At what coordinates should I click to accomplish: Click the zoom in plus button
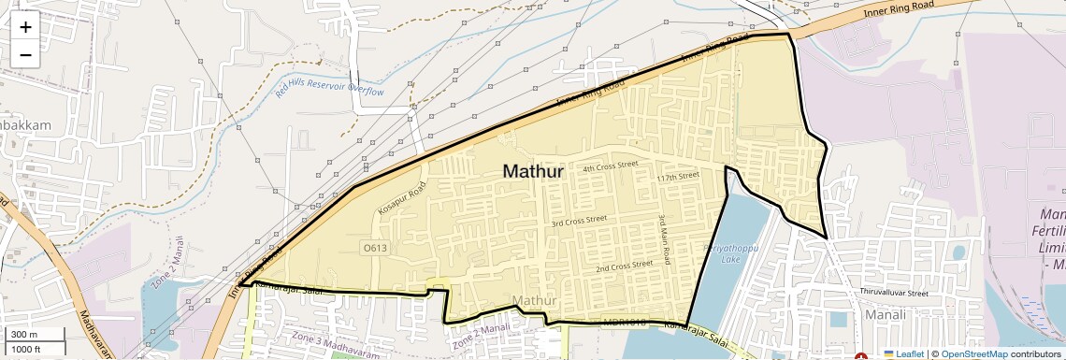(25, 26)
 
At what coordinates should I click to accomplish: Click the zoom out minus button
(25, 55)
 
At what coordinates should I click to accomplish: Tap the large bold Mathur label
(533, 172)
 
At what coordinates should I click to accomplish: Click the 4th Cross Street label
(610, 166)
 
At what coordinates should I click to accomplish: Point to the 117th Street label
(678, 176)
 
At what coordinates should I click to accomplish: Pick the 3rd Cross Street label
(579, 222)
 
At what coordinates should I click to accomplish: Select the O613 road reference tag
(374, 248)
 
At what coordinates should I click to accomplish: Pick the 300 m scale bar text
(24, 335)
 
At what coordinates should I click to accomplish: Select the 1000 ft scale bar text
(26, 349)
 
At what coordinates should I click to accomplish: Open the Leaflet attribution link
(903, 354)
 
